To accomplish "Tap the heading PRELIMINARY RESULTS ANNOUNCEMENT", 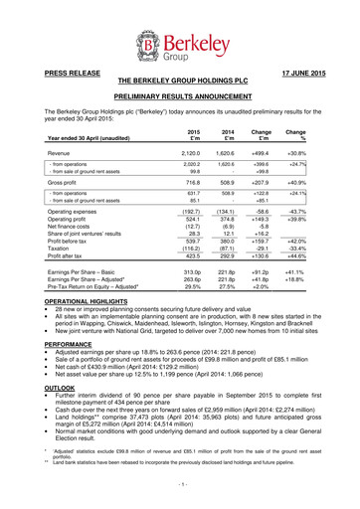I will pos(179,96).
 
